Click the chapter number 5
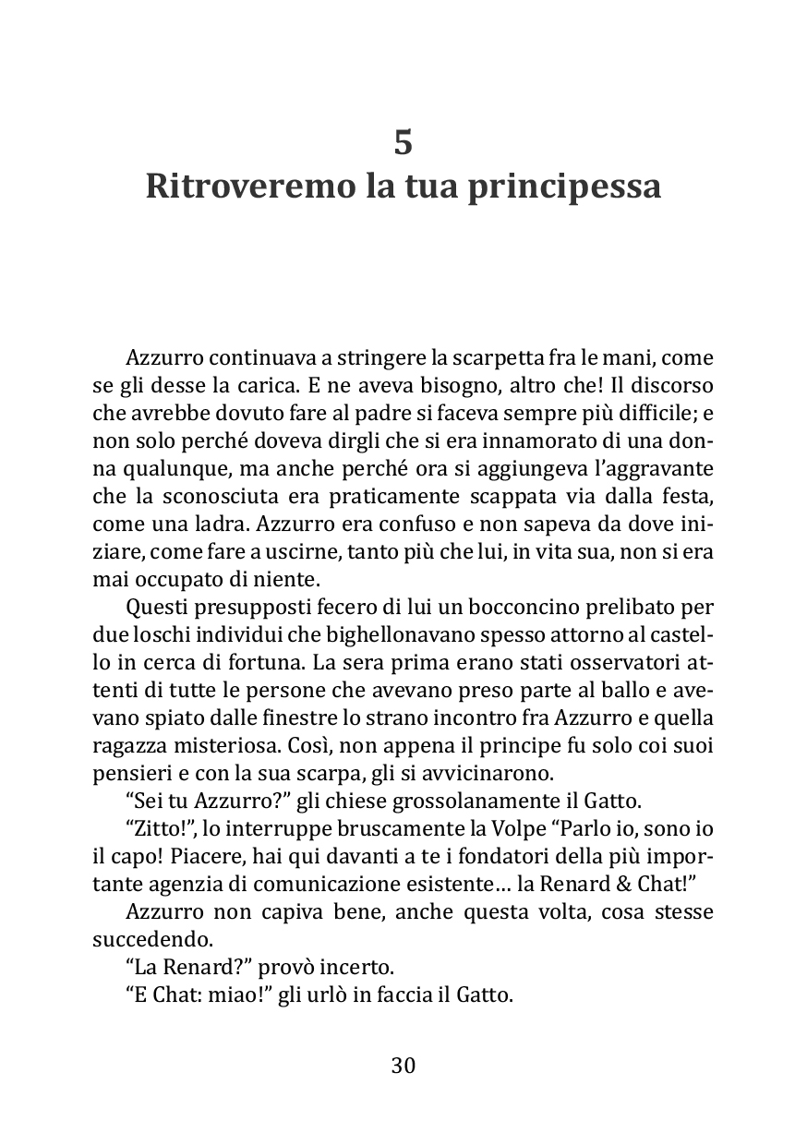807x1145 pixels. point(403,142)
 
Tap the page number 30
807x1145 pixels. point(403,1066)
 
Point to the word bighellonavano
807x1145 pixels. point(371,638)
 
